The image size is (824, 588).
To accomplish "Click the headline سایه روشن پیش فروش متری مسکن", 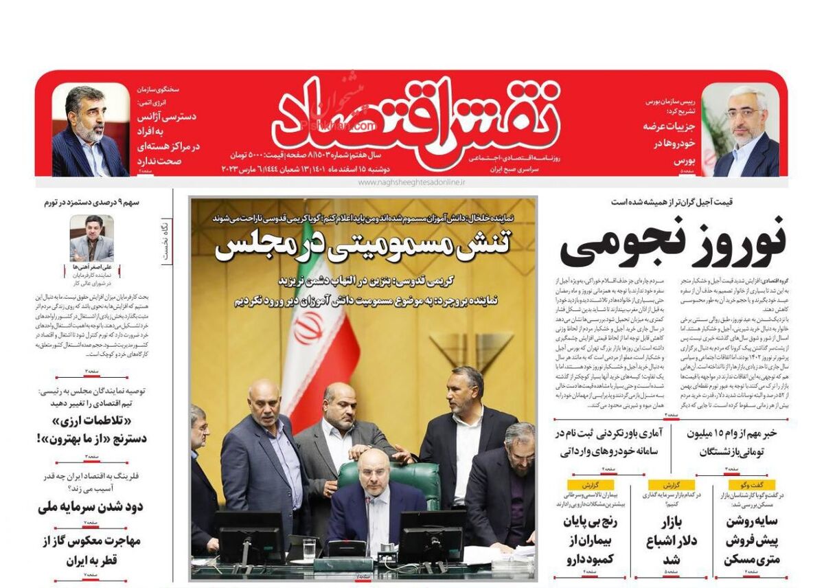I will (751, 541).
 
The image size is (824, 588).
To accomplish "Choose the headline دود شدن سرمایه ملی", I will (91, 507).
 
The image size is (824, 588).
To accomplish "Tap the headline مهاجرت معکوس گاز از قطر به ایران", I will (91, 550).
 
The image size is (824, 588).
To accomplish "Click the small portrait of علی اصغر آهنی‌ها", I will (91, 238).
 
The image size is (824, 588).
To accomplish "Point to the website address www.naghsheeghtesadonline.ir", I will (411, 183).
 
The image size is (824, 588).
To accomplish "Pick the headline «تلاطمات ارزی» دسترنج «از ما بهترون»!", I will (91, 429).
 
